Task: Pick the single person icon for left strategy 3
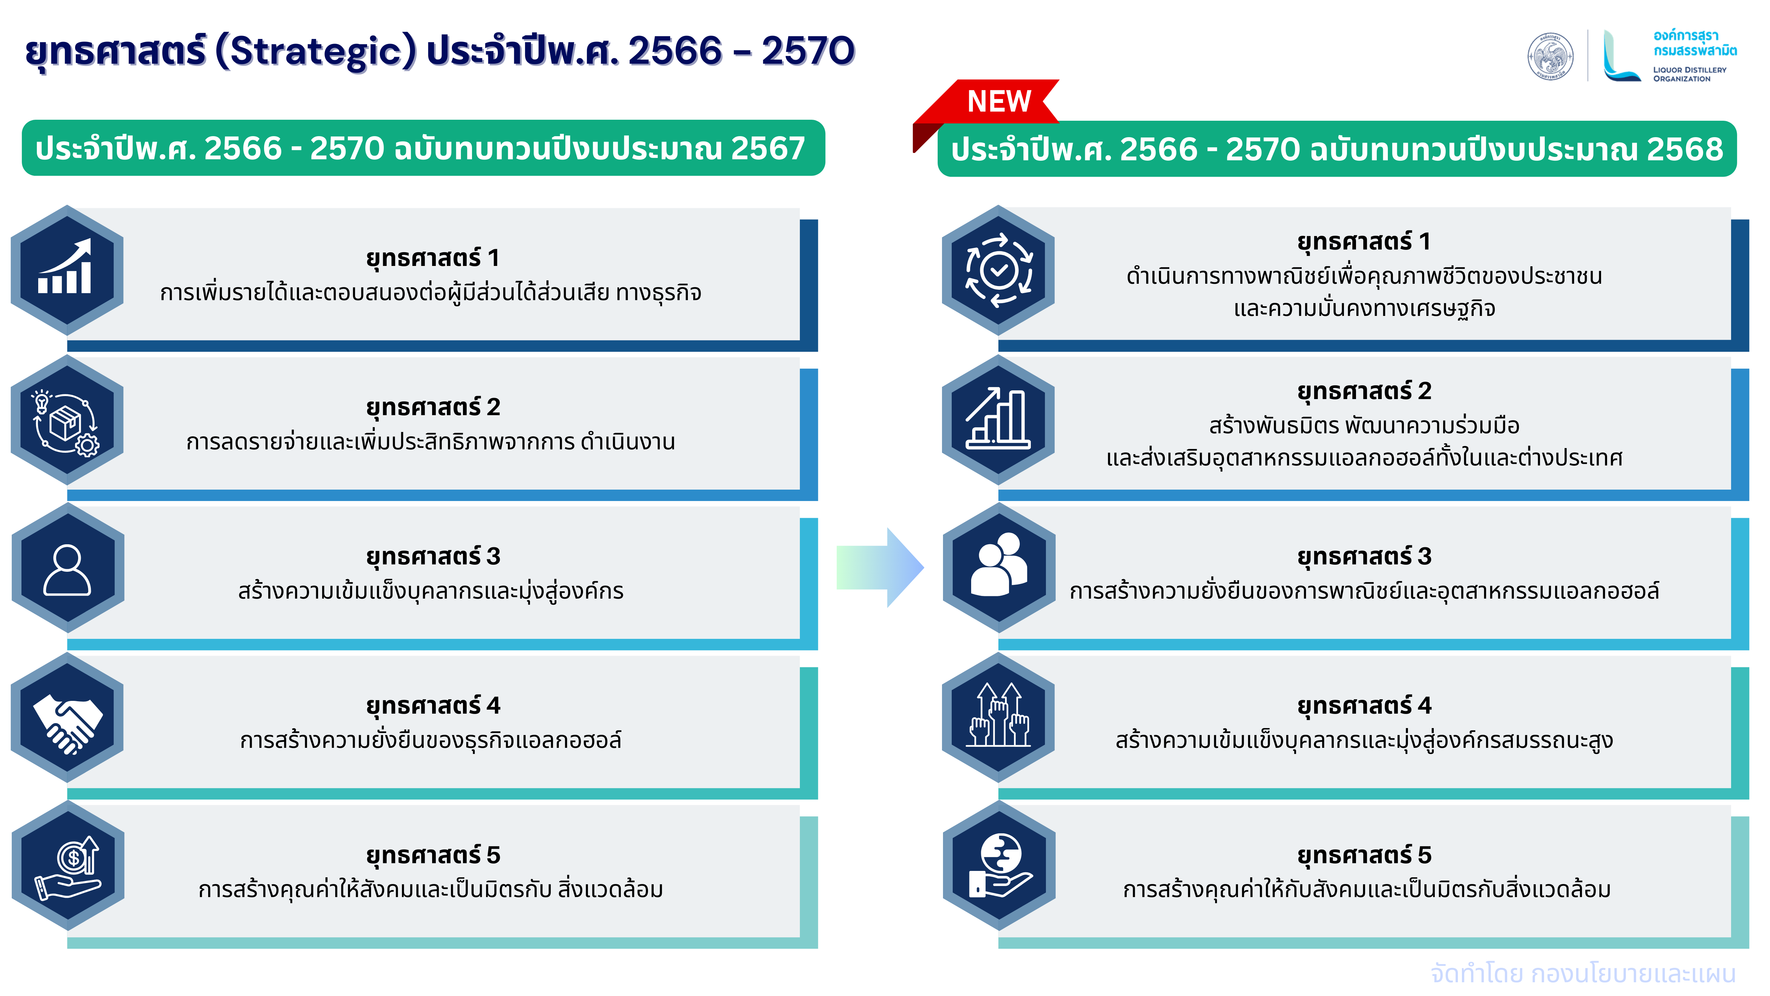pyautogui.click(x=67, y=570)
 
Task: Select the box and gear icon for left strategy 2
pyautogui.click(x=66, y=421)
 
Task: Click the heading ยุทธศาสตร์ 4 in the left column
pyautogui.click(x=433, y=706)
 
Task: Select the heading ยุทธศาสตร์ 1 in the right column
pyautogui.click(x=1364, y=242)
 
